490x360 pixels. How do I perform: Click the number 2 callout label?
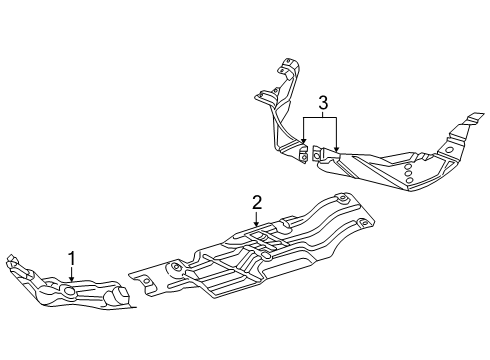pyautogui.click(x=257, y=202)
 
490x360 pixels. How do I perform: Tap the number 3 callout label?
pyautogui.click(x=322, y=102)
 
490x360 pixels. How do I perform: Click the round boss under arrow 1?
pyautogui.click(x=71, y=292)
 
